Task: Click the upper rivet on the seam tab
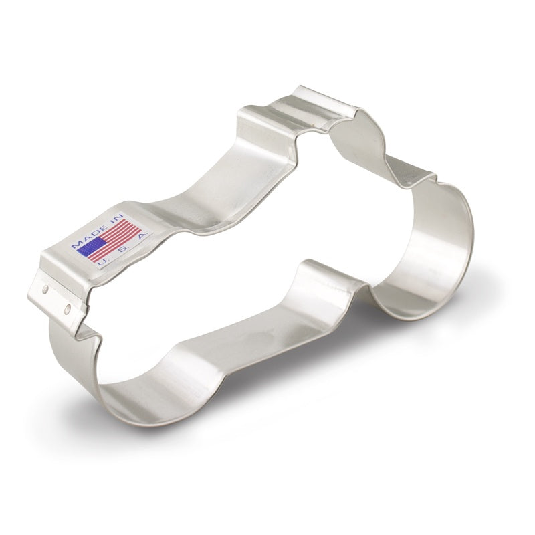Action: pos(44,290)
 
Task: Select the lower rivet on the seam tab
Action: pos(67,308)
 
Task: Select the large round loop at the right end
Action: pos(441,254)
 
